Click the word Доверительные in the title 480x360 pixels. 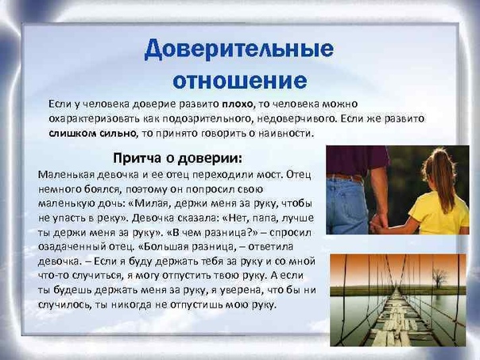click(239, 49)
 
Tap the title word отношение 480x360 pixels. click(240, 80)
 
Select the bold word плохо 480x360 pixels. click(238, 104)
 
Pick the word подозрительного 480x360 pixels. click(207, 119)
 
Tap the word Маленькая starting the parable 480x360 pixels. click(67, 175)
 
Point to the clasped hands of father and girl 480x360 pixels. click(378, 224)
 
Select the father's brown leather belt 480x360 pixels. click(345, 177)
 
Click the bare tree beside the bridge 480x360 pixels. click(440, 278)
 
